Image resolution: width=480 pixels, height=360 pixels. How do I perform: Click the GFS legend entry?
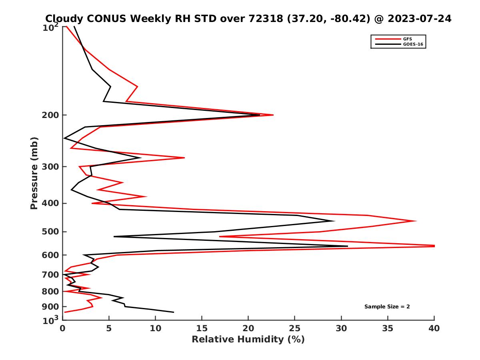pos(408,39)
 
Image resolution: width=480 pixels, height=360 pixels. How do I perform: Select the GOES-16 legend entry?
pos(412,44)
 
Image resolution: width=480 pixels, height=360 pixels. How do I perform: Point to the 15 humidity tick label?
pos(202,328)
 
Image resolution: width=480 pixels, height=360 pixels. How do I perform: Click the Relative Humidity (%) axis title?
pos(248,340)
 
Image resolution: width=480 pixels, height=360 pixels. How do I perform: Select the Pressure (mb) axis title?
pos(34,173)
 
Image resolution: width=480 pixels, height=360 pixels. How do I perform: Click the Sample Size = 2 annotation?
pos(387,307)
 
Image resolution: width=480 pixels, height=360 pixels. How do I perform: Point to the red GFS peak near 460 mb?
pos(416,221)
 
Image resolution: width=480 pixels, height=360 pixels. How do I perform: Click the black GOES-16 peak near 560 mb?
pos(348,246)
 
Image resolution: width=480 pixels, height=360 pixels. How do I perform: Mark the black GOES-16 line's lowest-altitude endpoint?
pos(174,312)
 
